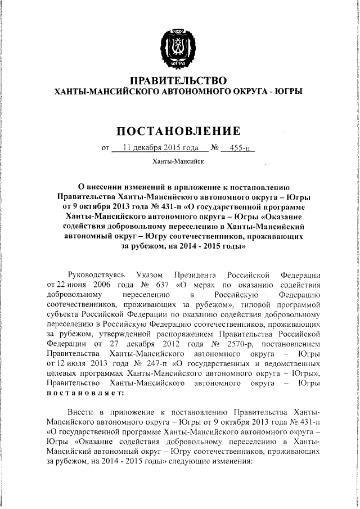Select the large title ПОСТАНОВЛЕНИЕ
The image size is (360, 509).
(x=178, y=131)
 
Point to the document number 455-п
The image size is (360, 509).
(x=238, y=149)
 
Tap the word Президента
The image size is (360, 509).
(x=195, y=275)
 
